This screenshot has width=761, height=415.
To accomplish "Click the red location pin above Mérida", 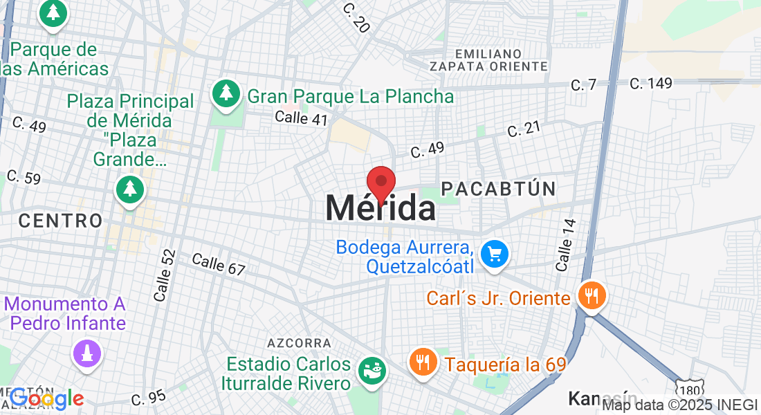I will click(380, 183).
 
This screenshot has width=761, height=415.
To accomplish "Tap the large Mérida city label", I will click(380, 207).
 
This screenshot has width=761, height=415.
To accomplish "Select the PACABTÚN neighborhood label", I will click(498, 188).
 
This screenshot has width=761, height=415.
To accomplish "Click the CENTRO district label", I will click(60, 221).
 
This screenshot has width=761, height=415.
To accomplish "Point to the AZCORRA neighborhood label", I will click(299, 343).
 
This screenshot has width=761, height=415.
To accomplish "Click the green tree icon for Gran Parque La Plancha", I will click(226, 95).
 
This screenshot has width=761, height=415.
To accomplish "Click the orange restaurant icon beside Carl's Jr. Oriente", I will click(591, 297).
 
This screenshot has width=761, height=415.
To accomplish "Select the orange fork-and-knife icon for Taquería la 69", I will click(422, 362).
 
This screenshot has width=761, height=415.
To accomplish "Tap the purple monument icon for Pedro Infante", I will click(88, 354).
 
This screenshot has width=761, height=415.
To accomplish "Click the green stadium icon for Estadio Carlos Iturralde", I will click(372, 372).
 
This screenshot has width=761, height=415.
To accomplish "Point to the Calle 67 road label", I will click(219, 264).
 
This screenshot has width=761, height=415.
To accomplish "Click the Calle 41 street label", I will click(301, 118).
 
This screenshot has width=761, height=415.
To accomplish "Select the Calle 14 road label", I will click(565, 245).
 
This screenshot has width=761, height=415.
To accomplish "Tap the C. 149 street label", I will click(651, 84).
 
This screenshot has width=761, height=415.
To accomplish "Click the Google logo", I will click(46, 398).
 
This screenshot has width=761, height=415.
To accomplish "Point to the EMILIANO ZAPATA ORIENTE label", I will click(488, 59).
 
